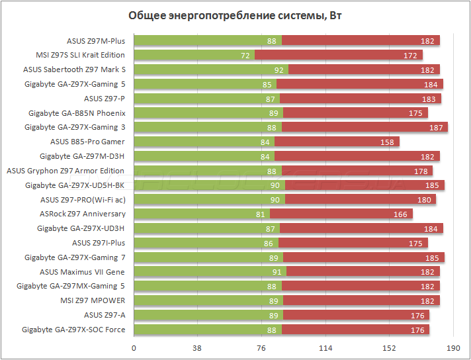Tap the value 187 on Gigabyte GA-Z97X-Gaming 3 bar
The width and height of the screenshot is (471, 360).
(x=437, y=127)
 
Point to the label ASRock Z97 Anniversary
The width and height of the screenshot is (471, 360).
(x=83, y=214)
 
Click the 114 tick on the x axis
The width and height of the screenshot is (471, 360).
(x=325, y=348)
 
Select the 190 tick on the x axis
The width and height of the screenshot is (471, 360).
(x=452, y=348)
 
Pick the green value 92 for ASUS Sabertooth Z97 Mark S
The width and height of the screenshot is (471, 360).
(x=278, y=69)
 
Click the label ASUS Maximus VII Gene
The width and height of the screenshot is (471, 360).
(x=82, y=271)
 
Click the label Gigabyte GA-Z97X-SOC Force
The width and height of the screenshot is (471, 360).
(x=73, y=329)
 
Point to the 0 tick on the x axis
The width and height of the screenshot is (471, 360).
(x=134, y=348)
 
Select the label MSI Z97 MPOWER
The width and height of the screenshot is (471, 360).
(x=93, y=300)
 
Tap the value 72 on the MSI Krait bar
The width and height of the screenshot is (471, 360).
(x=245, y=55)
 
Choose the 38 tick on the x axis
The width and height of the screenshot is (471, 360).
(x=198, y=348)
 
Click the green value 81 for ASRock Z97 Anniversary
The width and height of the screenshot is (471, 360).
(x=260, y=214)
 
